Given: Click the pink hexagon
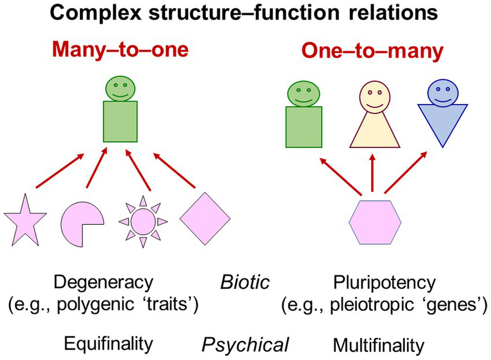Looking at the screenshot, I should coord(374,221).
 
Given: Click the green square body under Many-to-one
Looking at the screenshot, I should coord(120,121).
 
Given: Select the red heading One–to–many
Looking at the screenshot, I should coord(372,52).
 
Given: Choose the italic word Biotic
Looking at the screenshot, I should coord(245,283).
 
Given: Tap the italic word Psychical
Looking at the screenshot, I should coord(245,345).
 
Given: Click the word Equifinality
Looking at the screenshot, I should coord(108,344).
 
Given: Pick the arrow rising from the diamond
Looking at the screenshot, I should coord(173,172).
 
